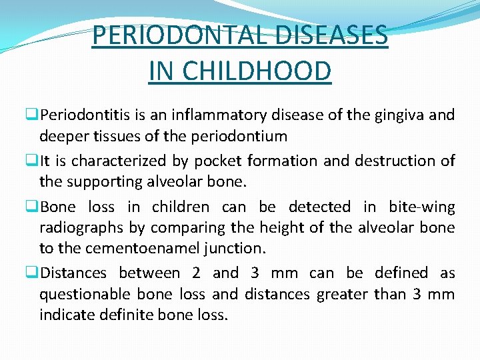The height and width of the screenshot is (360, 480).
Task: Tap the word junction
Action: tap(237, 249)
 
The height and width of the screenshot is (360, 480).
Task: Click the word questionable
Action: tap(84, 294)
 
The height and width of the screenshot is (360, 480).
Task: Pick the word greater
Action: tap(341, 294)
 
